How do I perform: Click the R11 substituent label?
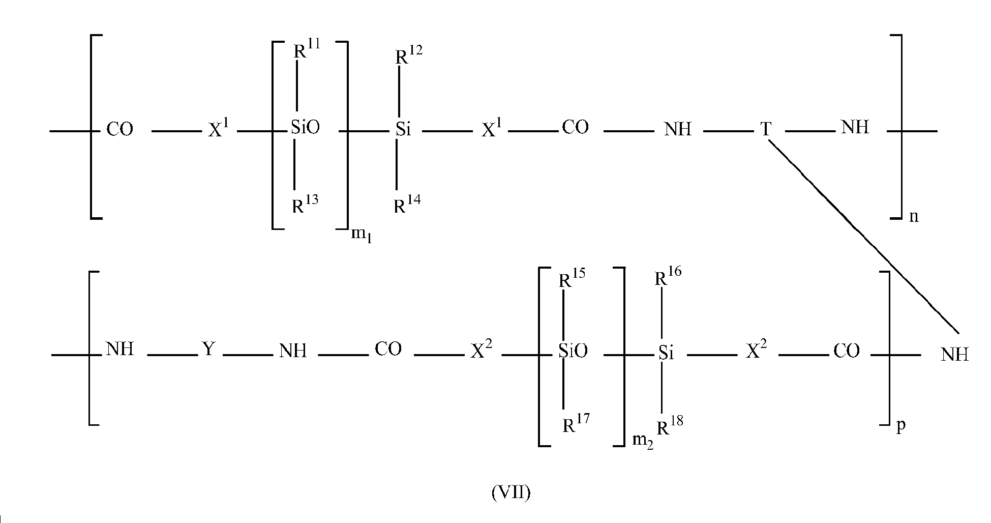(307, 49)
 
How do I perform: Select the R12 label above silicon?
(409, 54)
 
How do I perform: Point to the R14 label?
(408, 205)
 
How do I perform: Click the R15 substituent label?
(572, 278)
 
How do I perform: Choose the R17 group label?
(576, 423)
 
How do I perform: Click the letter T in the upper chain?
(766, 129)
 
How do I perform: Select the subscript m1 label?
(362, 236)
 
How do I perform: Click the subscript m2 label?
(642, 441)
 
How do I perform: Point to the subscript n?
(914, 217)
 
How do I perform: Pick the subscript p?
(901, 426)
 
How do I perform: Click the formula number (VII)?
(511, 493)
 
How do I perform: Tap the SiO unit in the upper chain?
(305, 127)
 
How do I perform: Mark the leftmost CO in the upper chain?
(120, 129)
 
